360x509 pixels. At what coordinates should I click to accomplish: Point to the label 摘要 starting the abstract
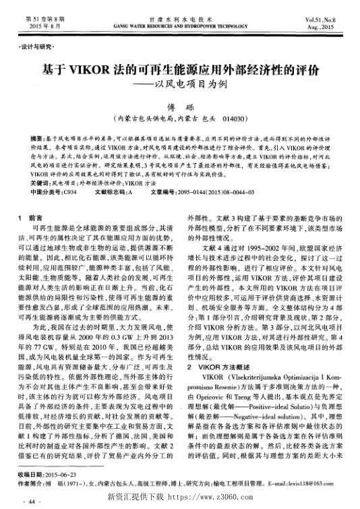pos(38,136)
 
